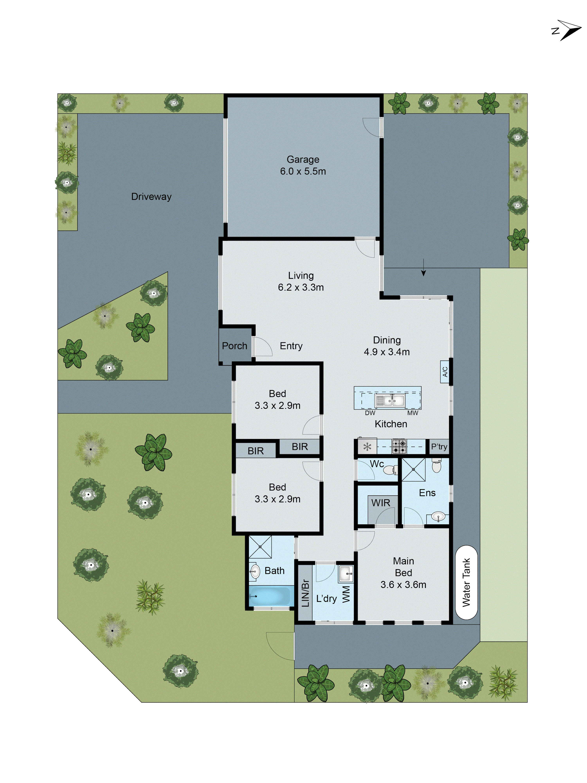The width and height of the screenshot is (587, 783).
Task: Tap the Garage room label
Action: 303,160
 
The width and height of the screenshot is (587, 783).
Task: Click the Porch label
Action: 234,346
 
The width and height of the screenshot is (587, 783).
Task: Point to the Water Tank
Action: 466,582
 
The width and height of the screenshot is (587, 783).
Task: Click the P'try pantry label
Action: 439,447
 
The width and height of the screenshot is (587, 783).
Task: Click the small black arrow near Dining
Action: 423,272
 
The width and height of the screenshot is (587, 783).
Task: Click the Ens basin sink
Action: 438,517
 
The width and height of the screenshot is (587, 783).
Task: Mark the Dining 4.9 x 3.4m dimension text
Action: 387,352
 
